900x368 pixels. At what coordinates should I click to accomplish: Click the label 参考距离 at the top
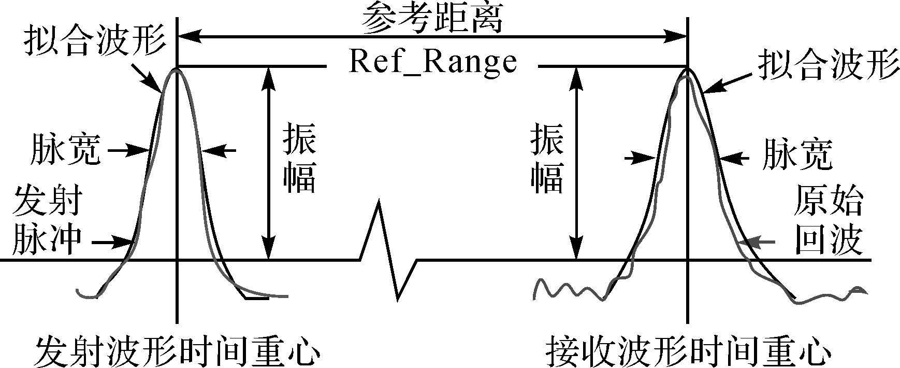[x=432, y=19]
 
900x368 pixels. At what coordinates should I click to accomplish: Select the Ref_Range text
[x=432, y=62]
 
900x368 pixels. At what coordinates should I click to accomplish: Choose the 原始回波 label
[x=829, y=220]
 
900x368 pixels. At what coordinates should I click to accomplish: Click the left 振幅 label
[x=299, y=160]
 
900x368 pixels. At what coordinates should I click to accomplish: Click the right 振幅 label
[x=547, y=160]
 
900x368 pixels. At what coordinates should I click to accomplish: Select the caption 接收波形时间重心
[x=689, y=352]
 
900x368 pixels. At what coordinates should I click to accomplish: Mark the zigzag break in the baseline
[x=388, y=254]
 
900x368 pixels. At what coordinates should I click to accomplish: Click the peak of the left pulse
[x=177, y=69]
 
